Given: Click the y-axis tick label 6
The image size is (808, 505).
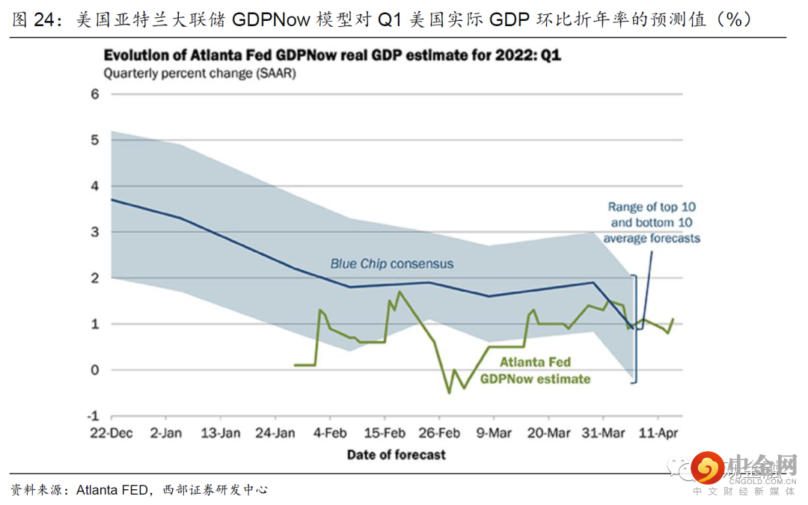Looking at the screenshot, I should [x=95, y=94].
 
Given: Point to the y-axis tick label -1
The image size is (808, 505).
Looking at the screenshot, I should [x=94, y=416].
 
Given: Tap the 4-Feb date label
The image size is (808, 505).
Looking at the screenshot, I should [x=330, y=433].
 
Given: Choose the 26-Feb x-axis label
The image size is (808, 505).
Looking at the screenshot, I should [x=439, y=433].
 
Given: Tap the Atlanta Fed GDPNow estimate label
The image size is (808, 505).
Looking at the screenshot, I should [x=535, y=370].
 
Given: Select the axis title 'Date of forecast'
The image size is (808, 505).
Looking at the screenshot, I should [x=397, y=454].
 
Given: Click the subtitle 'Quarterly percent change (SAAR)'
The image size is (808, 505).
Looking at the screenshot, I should [x=200, y=73].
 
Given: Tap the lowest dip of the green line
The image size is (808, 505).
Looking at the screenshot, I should [x=449, y=392].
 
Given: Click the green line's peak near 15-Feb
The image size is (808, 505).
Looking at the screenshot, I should [x=400, y=292].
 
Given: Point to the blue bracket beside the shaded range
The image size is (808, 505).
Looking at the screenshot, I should [x=636, y=329].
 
